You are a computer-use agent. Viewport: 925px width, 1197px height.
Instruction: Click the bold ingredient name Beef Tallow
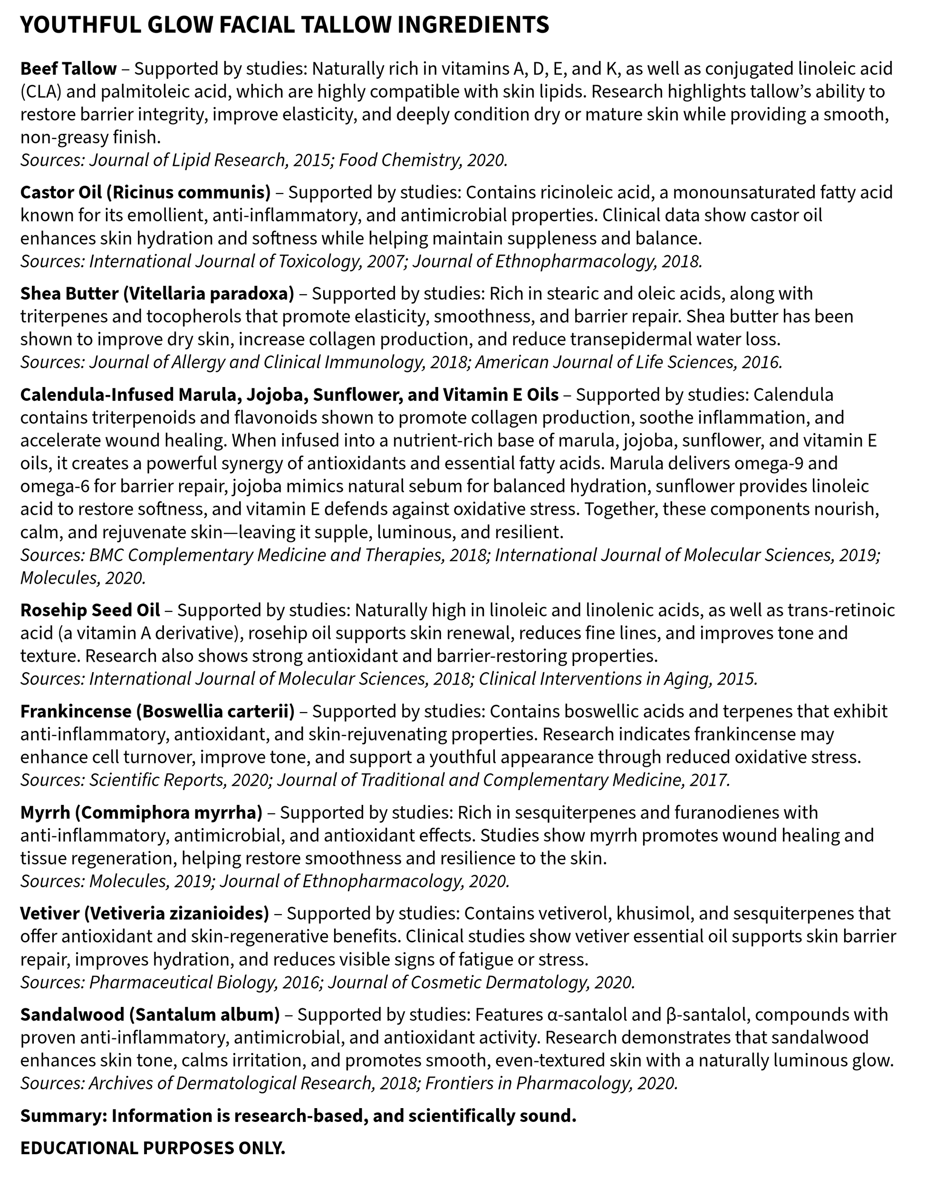coord(68,69)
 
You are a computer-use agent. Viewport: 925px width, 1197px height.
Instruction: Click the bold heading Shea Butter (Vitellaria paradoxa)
coord(157,294)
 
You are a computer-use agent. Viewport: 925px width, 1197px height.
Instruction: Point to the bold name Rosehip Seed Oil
coord(90,610)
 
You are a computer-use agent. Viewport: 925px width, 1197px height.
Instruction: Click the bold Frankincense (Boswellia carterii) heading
coord(157,712)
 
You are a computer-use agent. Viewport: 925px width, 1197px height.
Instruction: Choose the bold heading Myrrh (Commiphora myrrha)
coord(141,812)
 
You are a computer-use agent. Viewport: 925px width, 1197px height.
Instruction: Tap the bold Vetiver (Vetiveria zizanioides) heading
coord(145,914)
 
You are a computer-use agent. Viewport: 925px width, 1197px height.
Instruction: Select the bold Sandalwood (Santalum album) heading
coord(150,1014)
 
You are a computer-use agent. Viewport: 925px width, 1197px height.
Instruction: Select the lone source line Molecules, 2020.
coord(83,578)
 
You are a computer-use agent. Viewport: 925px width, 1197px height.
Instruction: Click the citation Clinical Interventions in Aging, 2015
coord(617,679)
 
